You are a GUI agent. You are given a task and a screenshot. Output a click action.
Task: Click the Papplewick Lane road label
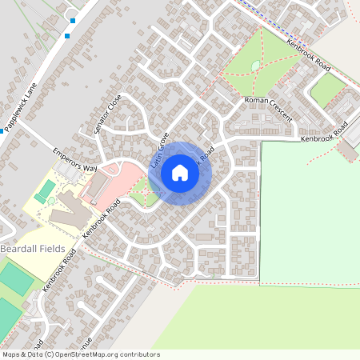(x=19, y=110)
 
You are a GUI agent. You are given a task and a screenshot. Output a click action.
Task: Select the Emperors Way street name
(x=74, y=158)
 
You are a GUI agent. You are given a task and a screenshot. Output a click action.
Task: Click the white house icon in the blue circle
(x=180, y=172)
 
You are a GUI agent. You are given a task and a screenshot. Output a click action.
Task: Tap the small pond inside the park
(x=255, y=66)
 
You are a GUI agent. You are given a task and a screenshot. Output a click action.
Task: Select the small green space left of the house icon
(x=142, y=191)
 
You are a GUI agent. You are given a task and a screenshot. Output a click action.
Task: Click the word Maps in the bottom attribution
(x=10, y=354)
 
